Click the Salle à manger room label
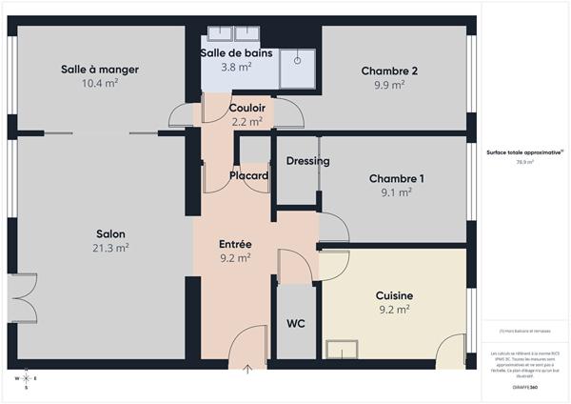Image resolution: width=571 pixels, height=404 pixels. point(100,70)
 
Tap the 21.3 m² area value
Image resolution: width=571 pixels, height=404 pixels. point(111,248)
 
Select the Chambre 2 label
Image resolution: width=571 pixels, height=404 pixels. point(389,71)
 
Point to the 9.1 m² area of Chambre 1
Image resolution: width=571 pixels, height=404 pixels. point(397,192)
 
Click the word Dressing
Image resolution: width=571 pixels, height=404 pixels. point(307,161)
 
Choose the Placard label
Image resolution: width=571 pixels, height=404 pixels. point(248,176)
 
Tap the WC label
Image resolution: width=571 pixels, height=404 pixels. point(296,324)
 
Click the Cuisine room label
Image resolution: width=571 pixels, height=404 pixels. point(394,295)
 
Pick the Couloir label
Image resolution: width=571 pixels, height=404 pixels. point(247,108)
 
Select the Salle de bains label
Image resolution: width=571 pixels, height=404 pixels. point(236,53)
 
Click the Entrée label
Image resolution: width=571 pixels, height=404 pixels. point(235,244)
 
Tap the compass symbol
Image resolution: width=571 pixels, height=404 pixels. point(26,380)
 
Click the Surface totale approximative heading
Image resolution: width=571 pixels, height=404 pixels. point(524,152)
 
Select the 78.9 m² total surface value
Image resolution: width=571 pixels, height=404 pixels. point(524,163)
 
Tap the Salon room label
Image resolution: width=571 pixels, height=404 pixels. point(110,234)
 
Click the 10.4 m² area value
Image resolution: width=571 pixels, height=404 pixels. point(100,84)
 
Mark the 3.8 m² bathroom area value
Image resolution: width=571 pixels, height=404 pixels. point(236,68)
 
